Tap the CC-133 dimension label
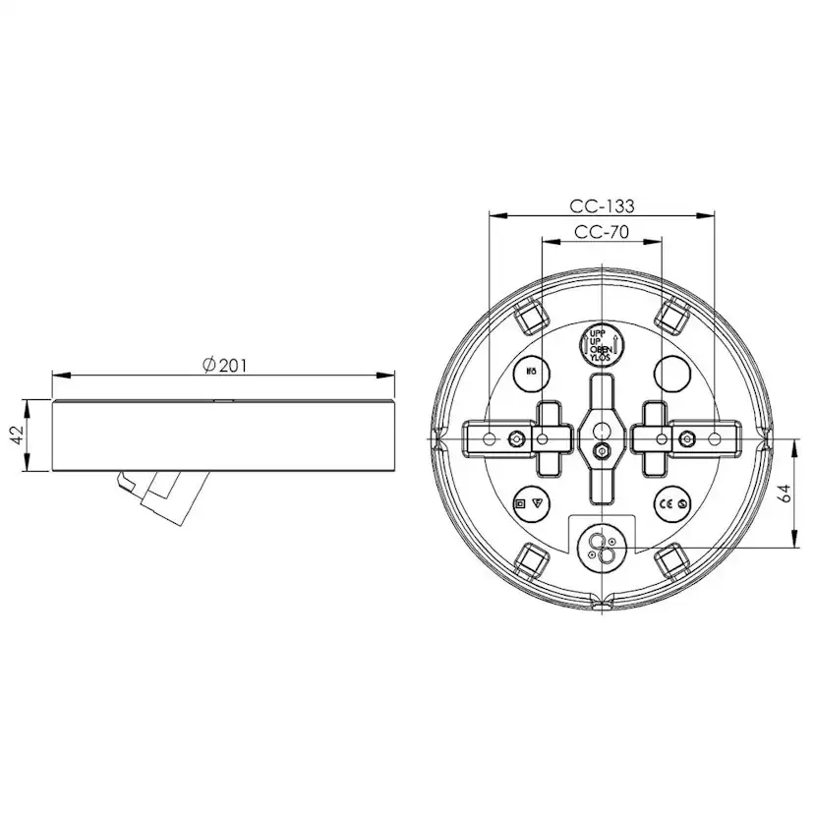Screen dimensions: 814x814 point(602,206)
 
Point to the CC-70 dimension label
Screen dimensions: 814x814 point(602,233)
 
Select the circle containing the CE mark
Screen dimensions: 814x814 point(672,503)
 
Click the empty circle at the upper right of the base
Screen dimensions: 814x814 point(673,373)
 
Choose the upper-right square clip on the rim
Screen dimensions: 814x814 point(671,314)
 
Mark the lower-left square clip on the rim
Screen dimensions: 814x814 point(532,562)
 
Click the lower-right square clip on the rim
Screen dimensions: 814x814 point(671,562)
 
